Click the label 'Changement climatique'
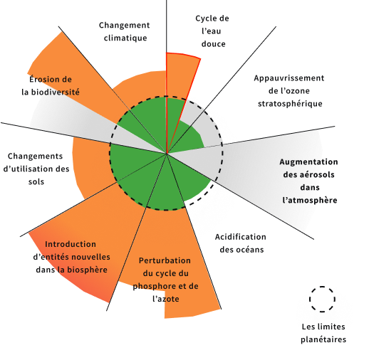pos(124,31)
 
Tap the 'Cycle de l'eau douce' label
pos(212,31)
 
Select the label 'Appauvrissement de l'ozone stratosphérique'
pos(289,91)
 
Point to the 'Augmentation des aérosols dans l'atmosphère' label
pos(309,181)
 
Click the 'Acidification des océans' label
pos(241,243)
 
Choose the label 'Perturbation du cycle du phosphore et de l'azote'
pos(165,280)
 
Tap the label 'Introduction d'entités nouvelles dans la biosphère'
pos(71,257)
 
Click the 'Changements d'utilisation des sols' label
pos(36,169)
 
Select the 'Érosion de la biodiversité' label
pos(51,85)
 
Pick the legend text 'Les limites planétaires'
pos(323,333)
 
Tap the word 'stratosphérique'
pos(290,104)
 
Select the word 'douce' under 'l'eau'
pos(214,44)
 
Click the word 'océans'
pos(253,250)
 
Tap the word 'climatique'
pos(125,38)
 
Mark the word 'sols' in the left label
pos(36,182)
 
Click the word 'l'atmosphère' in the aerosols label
pos(310,200)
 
